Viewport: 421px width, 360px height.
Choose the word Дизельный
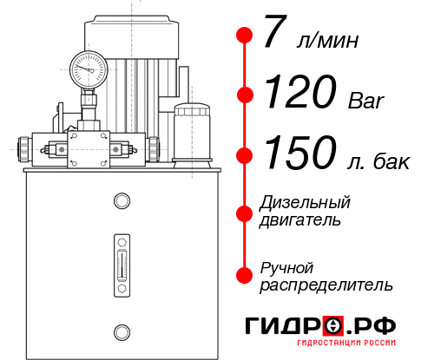click(306, 203)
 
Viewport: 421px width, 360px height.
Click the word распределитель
click(326, 285)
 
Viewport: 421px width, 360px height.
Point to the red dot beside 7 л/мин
click(245, 36)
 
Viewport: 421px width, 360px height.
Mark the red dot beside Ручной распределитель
click(245, 275)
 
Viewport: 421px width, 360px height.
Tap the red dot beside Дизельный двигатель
click(245, 212)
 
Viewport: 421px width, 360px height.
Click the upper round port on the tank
click(122, 201)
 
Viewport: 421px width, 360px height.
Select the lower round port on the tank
click(122, 331)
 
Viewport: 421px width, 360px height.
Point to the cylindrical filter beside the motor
click(190, 130)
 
